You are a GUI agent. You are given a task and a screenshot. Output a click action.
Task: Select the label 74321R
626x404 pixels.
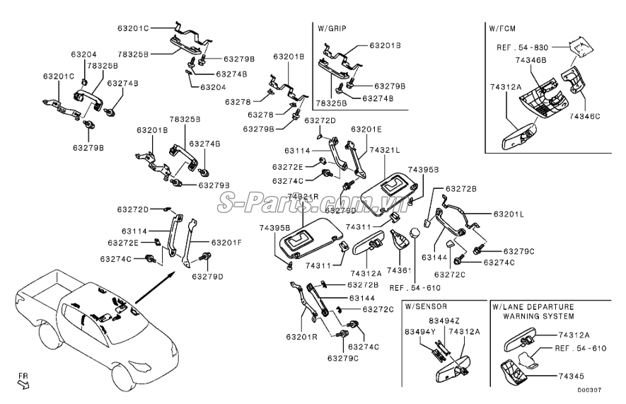tap(305, 196)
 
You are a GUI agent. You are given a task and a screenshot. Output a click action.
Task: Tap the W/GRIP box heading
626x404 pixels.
tap(332, 28)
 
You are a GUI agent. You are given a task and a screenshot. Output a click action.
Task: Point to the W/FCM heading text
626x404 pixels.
tap(503, 28)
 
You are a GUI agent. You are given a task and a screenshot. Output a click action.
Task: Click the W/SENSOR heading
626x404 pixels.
tap(426, 307)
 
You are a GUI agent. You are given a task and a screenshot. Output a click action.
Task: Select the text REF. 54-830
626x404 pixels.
tap(521, 46)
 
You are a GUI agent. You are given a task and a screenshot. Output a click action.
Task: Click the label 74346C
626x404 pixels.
tap(584, 115)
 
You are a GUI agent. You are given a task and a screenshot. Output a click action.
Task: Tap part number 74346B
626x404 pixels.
tap(531, 61)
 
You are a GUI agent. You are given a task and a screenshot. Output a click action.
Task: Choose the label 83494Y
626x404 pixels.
tap(419, 331)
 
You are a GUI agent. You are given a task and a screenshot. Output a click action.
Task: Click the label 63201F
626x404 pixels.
tap(226, 242)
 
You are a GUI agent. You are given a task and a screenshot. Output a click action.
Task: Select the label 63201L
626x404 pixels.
tap(509, 214)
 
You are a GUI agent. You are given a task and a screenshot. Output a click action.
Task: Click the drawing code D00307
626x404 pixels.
tap(589, 390)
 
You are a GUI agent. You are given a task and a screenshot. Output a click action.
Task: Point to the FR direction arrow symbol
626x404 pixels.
tap(23, 383)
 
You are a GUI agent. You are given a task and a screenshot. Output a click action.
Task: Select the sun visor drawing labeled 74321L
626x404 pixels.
tap(388, 186)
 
